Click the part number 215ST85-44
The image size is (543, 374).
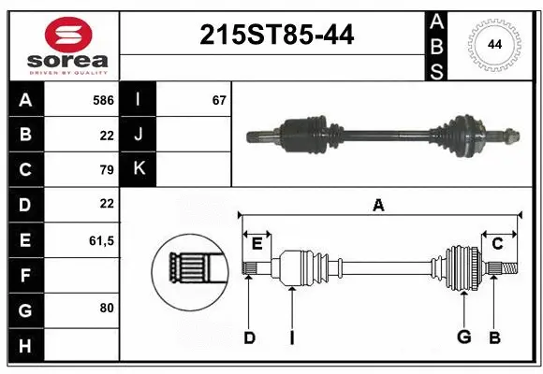click(276, 36)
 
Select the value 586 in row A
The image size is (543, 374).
click(103, 99)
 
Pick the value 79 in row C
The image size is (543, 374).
click(106, 169)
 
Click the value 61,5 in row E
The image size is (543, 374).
click(101, 240)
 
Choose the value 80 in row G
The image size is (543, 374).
click(106, 307)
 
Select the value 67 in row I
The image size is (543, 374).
click(219, 99)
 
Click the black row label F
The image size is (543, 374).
click(24, 275)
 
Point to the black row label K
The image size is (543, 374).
click(139, 169)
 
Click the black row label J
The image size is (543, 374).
click(139, 135)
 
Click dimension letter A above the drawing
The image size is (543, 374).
click(378, 206)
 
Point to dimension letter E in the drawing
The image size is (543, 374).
click(257, 244)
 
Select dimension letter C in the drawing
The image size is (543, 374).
click(497, 244)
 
